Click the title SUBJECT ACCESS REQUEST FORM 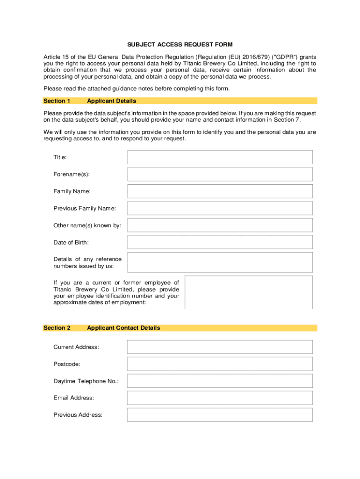click(180, 45)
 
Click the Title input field click(220, 157)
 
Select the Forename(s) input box click(220, 174)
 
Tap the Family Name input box click(220, 191)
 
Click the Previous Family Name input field click(220, 208)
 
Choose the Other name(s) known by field click(220, 225)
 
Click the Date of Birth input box click(220, 242)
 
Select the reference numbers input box click(220, 262)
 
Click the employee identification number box click(249, 292)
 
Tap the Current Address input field click(220, 347)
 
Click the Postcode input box click(220, 364)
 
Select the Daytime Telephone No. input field click(220, 381)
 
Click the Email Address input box click(220, 398)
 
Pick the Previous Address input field click(220, 415)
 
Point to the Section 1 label click(57, 101)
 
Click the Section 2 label click(57, 328)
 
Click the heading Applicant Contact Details click(123, 328)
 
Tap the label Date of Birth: click(71, 242)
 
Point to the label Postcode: click(66, 364)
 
